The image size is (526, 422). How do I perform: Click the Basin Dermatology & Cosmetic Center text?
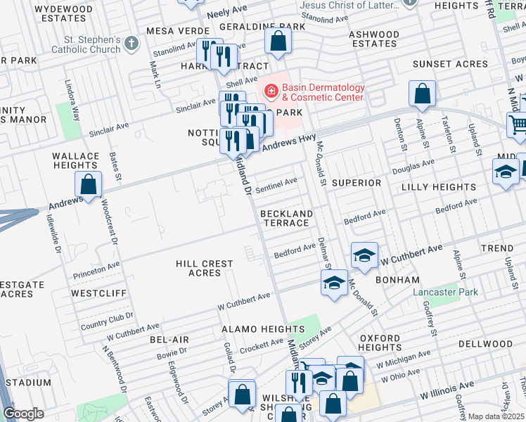point(323,92)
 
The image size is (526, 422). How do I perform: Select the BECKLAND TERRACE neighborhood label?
point(286,218)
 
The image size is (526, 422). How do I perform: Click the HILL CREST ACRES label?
point(205,268)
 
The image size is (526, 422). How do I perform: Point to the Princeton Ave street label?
point(95,267)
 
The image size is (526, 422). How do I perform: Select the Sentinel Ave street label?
point(276,185)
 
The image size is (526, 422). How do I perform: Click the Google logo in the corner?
point(23,414)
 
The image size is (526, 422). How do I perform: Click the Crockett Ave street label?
point(261,345)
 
